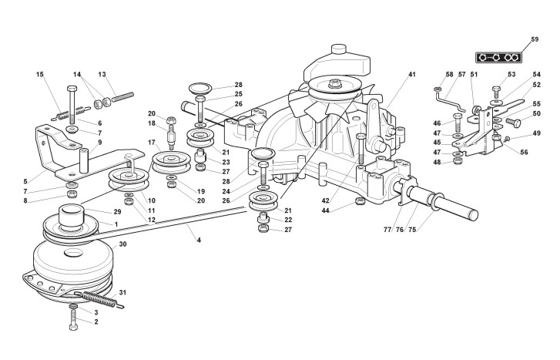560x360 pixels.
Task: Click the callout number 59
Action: (x=535, y=38)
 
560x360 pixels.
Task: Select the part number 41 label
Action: (x=412, y=75)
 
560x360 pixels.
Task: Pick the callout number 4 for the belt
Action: (x=199, y=241)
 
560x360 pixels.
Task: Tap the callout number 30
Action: (x=122, y=245)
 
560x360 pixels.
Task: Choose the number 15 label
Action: (x=39, y=75)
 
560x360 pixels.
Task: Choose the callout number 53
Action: (x=511, y=75)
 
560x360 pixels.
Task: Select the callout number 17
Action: (x=152, y=143)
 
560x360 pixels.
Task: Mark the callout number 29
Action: (x=116, y=210)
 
